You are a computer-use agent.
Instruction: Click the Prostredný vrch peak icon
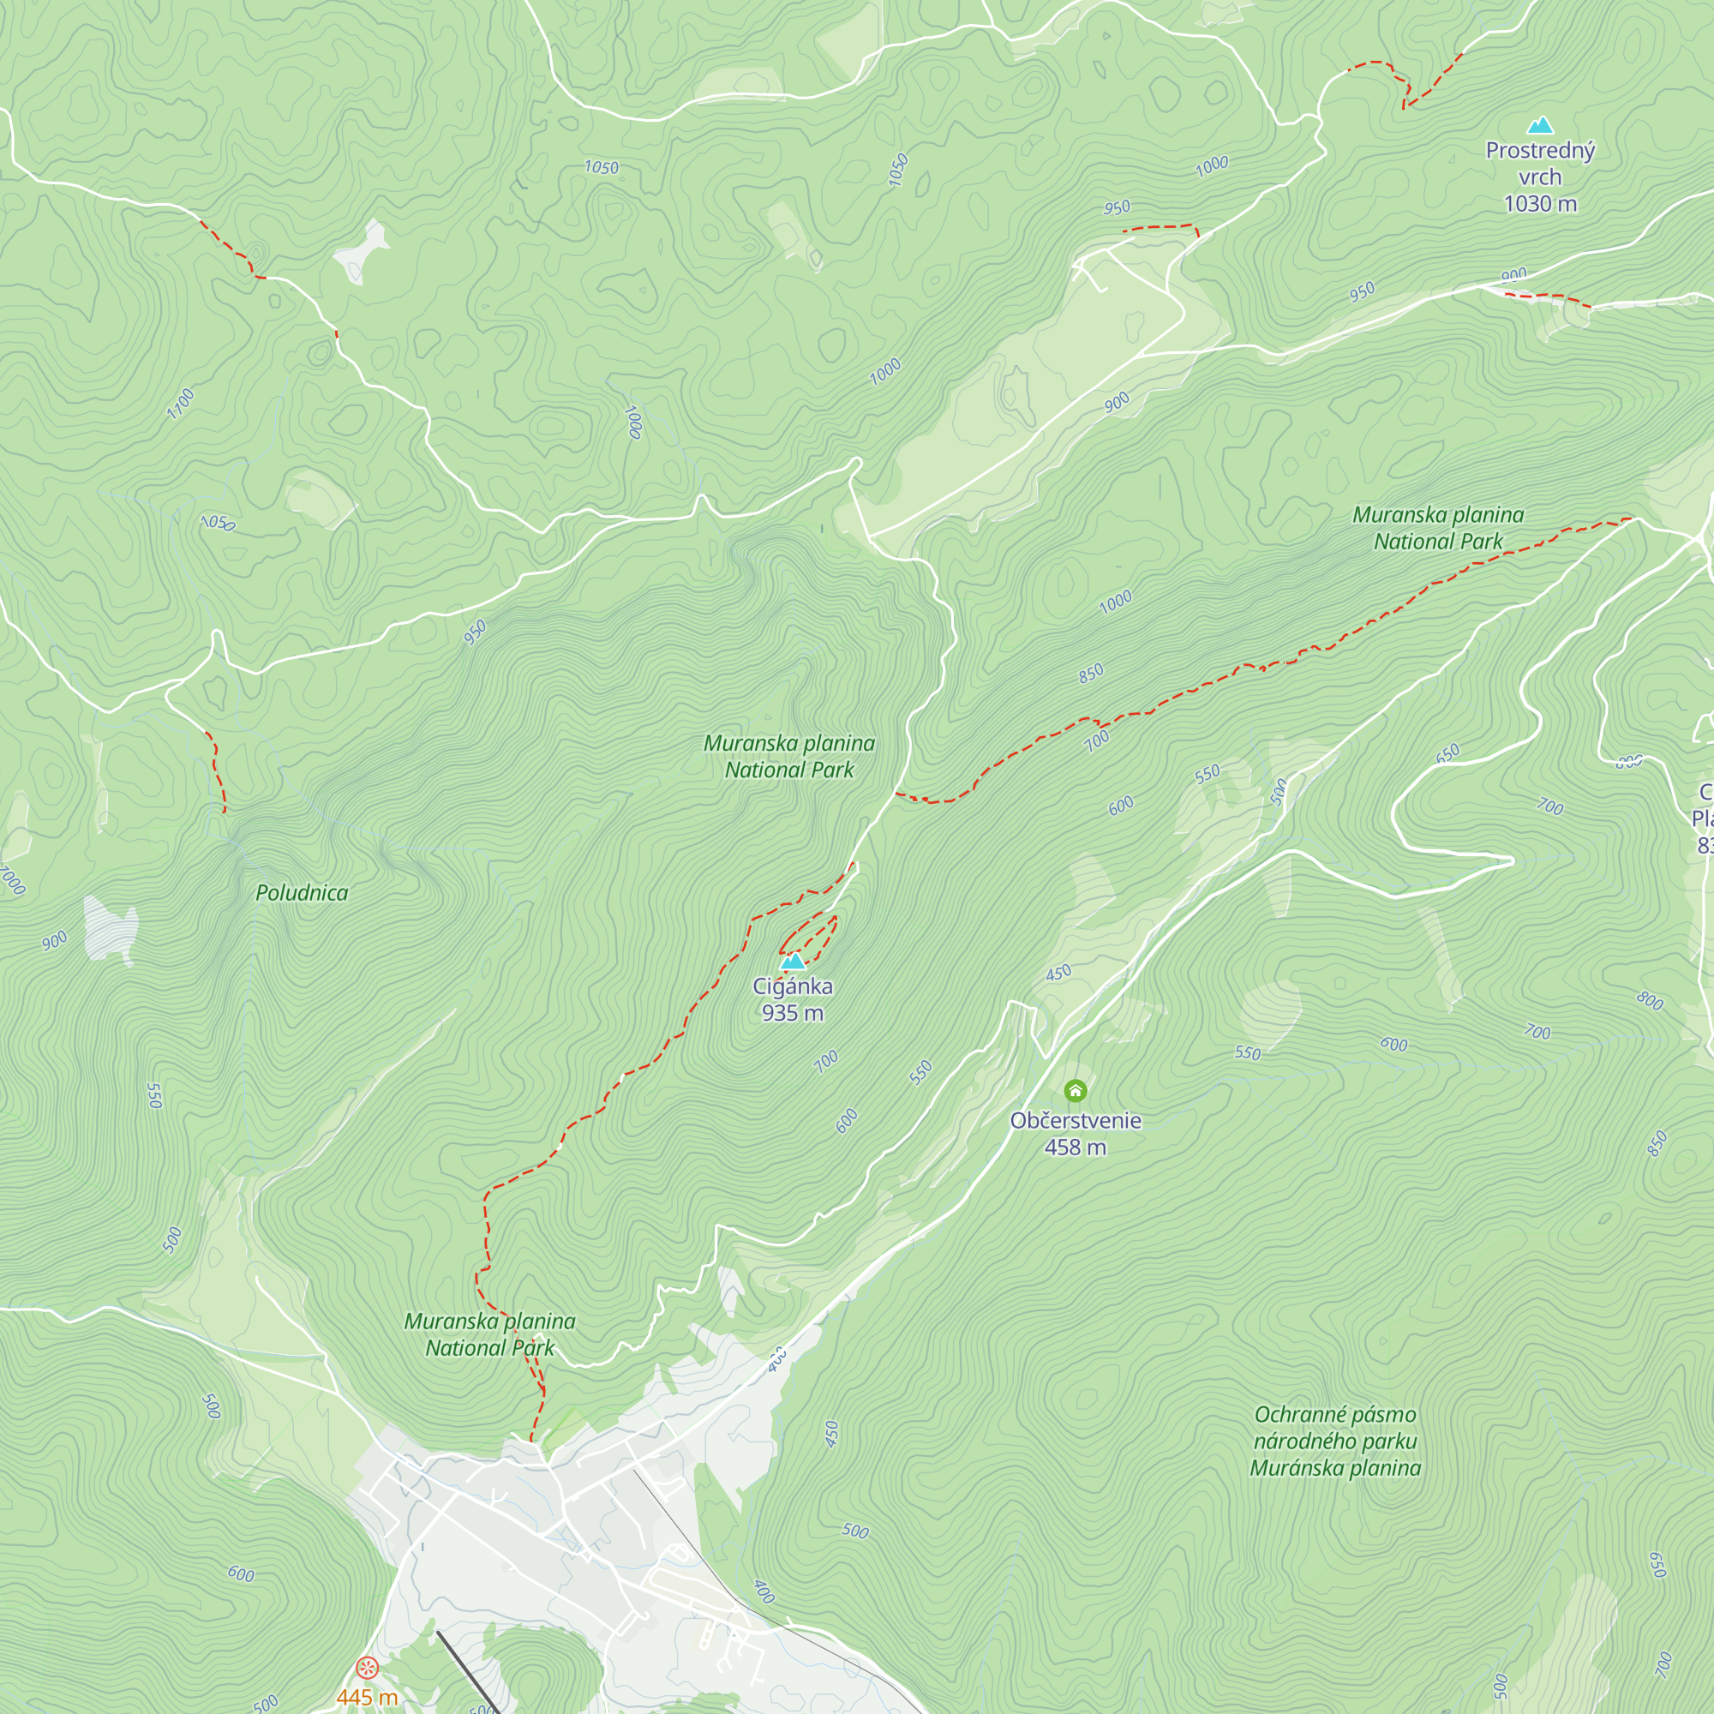(x=1541, y=125)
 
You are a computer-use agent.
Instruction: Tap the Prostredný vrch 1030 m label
(x=1540, y=177)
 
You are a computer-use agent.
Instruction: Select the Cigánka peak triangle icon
(x=791, y=961)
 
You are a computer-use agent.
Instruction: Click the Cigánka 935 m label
(x=792, y=999)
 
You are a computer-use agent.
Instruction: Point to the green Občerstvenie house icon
(x=1076, y=1090)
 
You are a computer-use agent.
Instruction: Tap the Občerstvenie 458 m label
(x=1076, y=1133)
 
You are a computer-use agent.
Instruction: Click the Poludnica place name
(x=302, y=892)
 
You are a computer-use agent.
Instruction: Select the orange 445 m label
(x=367, y=1696)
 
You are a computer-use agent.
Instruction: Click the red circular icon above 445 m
(x=367, y=1668)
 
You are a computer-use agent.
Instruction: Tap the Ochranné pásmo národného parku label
(x=1335, y=1441)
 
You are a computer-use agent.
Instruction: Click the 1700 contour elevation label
(x=180, y=403)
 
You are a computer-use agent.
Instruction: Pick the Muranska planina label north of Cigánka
(x=788, y=756)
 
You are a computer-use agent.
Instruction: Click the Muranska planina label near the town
(x=489, y=1334)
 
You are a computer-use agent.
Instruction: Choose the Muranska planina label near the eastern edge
(x=1438, y=527)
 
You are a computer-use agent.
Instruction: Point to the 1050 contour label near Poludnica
(x=218, y=523)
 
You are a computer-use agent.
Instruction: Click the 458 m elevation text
(x=1076, y=1148)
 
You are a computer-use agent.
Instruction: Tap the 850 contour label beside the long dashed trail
(x=1091, y=673)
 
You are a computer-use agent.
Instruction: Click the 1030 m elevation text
(x=1540, y=204)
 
